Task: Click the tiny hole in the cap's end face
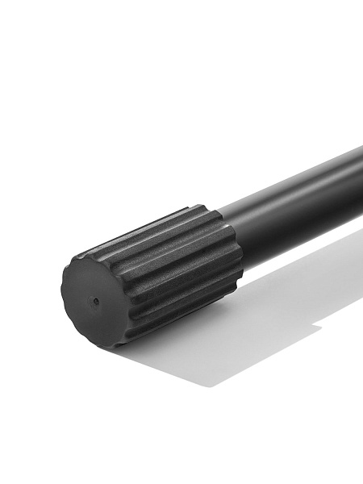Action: click(x=96, y=302)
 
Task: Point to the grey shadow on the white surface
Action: click(x=242, y=323)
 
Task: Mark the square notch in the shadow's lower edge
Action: click(x=316, y=328)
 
